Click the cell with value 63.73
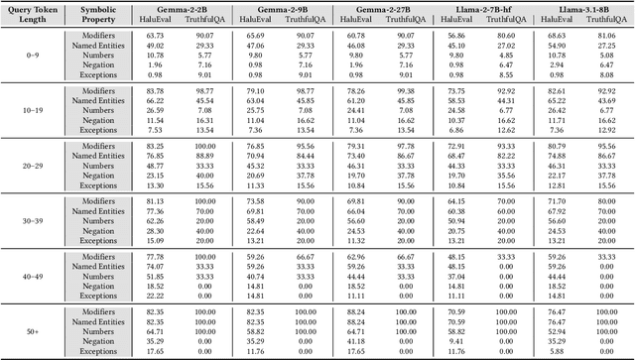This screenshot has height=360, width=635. [155, 35]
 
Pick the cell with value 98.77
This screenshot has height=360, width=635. [205, 90]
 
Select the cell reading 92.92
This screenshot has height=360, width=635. [509, 90]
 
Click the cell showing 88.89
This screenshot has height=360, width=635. [205, 156]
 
